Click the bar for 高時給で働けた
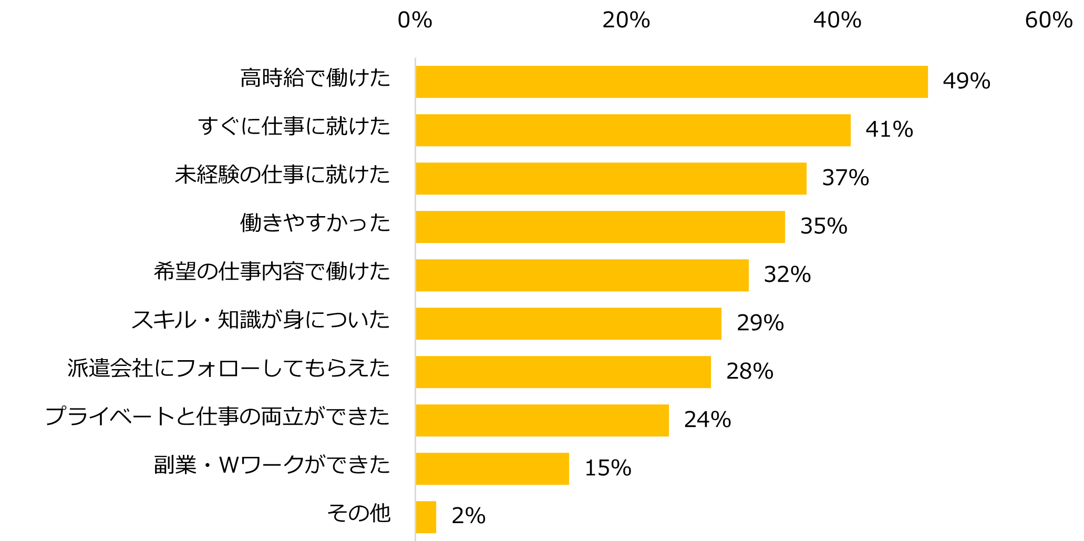(672, 82)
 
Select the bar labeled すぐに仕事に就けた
(633, 130)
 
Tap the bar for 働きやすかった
(600, 227)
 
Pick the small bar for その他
(426, 517)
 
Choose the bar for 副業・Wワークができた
(492, 469)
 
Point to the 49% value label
(966, 81)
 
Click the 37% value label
(845, 178)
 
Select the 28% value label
(750, 372)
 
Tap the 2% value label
(468, 516)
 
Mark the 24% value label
(708, 420)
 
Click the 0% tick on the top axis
(415, 21)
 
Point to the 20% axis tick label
(626, 21)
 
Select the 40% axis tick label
(838, 21)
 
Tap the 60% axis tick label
(1049, 21)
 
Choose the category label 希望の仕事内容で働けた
(272, 272)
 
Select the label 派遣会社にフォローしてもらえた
(229, 369)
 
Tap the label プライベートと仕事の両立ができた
(218, 417)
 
